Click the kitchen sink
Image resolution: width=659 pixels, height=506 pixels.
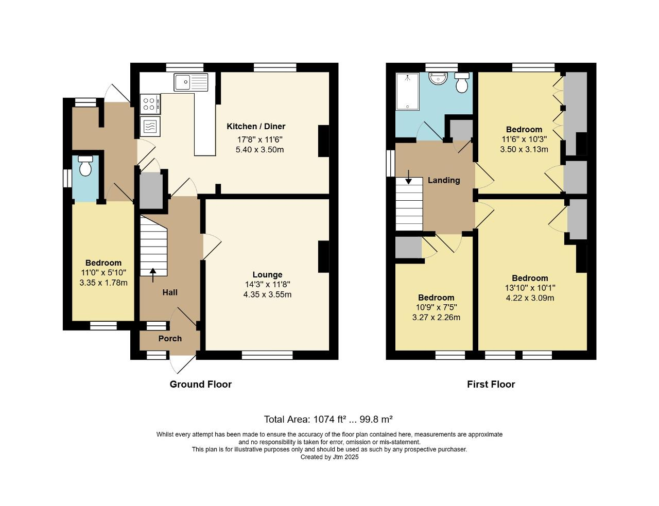(191, 82)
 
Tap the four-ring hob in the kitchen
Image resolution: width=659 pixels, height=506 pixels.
(150, 103)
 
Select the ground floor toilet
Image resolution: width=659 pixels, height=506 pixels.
(85, 166)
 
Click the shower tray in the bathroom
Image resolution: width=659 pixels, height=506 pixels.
(407, 92)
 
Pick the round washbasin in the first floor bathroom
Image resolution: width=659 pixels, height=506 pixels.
(438, 78)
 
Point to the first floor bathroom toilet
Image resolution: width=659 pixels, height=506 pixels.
(462, 83)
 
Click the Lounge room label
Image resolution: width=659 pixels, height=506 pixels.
(268, 275)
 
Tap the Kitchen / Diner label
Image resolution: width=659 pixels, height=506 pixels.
(256, 127)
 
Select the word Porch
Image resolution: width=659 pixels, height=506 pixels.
(170, 338)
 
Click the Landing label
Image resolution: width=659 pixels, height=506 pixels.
(444, 180)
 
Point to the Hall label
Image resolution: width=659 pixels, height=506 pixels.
(170, 292)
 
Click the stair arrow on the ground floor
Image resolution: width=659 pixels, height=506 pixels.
(153, 275)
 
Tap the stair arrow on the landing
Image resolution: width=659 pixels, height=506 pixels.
(408, 177)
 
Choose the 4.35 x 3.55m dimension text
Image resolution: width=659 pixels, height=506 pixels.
(267, 294)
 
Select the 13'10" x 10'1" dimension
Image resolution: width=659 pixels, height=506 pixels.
(530, 288)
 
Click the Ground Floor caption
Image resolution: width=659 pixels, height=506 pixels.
(200, 384)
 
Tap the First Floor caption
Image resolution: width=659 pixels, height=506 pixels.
(491, 384)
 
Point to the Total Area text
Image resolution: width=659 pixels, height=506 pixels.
(328, 420)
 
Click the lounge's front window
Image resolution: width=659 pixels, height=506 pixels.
(267, 355)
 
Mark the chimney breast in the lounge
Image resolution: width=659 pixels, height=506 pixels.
(324, 257)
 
